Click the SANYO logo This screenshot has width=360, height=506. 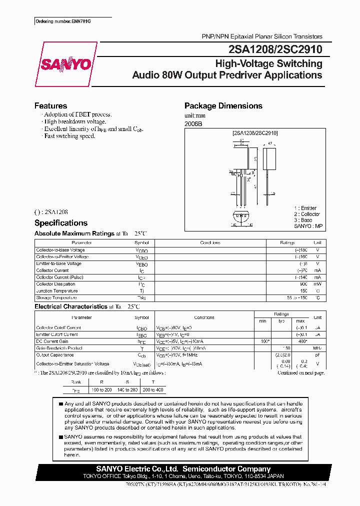point(66,64)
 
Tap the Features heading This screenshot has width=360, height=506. point(50,106)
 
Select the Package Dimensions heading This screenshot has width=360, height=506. point(223,106)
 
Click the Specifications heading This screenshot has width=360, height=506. point(60,223)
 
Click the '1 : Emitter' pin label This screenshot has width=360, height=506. point(305,208)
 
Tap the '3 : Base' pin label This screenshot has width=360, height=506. point(303,220)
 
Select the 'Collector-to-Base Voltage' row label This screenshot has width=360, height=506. point(60,250)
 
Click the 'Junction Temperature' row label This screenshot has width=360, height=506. point(56,290)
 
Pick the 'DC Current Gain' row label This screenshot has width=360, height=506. point(52,341)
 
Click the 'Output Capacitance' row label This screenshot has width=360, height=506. point(54,354)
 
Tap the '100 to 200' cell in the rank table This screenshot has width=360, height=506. point(101,390)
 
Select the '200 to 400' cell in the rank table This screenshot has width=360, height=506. point(152,390)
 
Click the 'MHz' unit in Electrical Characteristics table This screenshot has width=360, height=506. point(317,348)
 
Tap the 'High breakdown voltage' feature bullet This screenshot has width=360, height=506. point(74,121)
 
